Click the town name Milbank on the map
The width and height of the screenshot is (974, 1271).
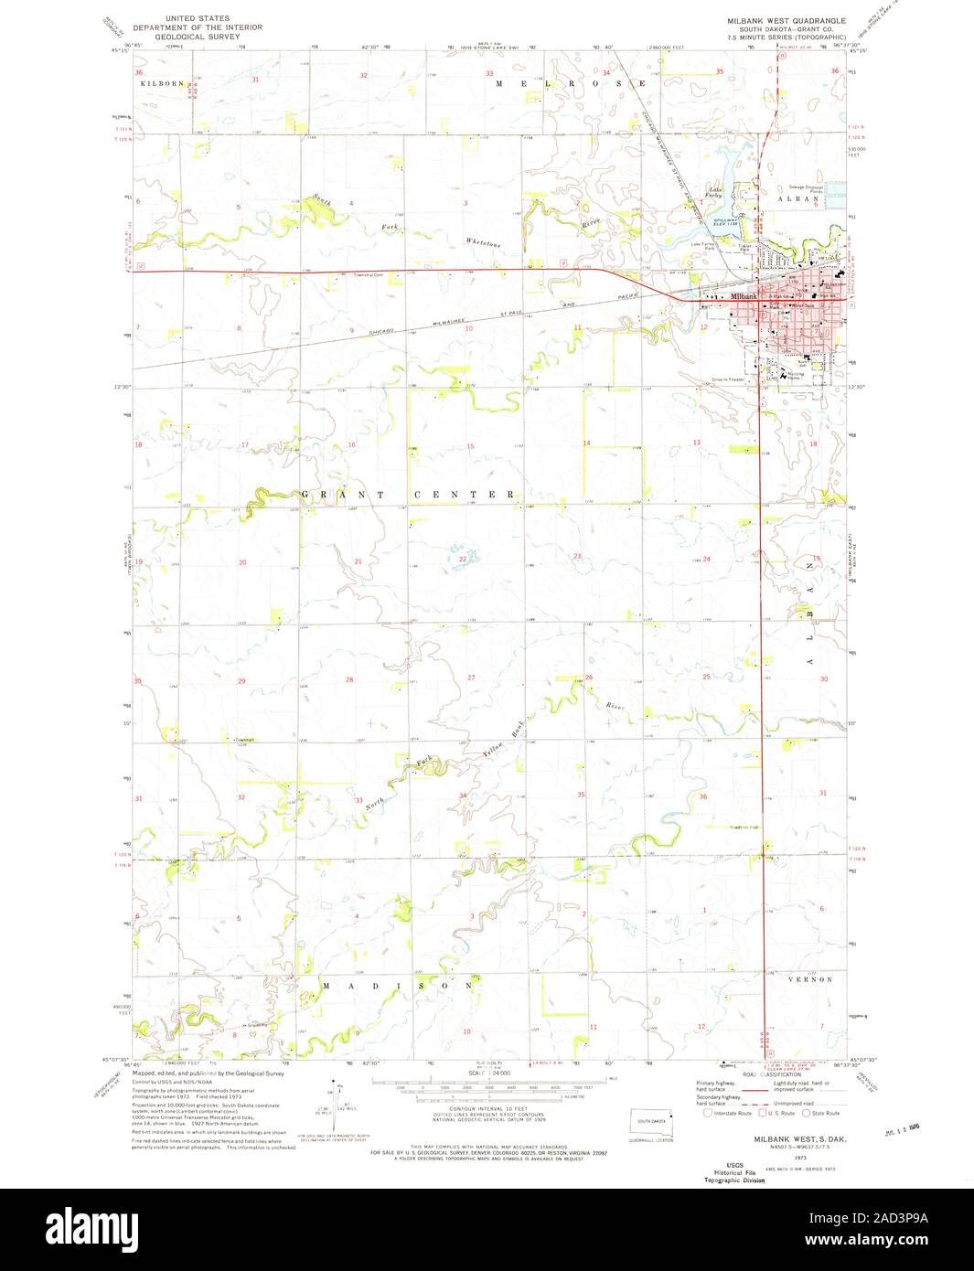click(744, 297)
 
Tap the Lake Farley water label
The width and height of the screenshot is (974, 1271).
click(714, 192)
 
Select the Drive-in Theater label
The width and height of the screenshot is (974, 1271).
click(729, 379)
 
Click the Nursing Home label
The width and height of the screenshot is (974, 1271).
click(797, 375)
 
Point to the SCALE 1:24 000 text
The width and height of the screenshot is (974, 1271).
click(487, 1072)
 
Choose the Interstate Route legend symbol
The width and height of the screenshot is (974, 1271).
click(707, 1113)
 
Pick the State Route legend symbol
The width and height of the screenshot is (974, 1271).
click(806, 1113)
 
